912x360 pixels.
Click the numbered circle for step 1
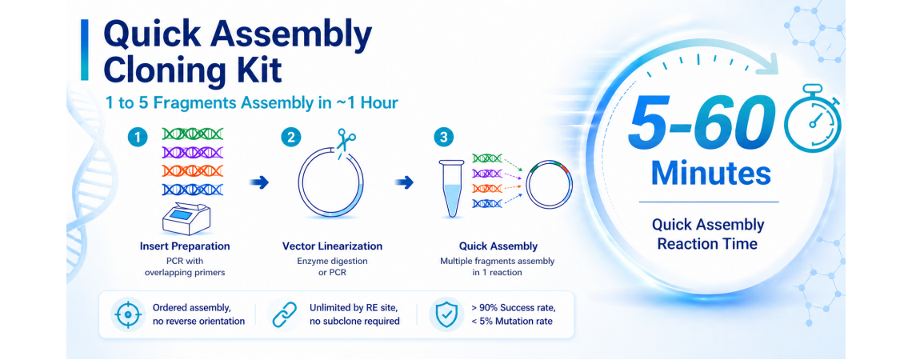click(x=138, y=137)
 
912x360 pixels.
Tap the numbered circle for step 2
click(x=290, y=137)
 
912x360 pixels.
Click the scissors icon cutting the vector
click(x=346, y=142)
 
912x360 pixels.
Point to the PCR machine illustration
click(x=186, y=218)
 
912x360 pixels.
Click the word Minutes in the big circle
click(x=710, y=174)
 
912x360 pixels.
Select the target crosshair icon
click(x=126, y=314)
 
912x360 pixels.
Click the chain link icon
click(x=283, y=314)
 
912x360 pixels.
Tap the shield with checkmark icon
click(x=445, y=314)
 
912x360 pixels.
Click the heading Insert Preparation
click(x=185, y=246)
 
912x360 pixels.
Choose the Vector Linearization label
click(x=332, y=246)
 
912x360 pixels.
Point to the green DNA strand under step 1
click(x=192, y=134)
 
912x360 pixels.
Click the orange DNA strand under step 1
click(x=192, y=170)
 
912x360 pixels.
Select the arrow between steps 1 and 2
click(x=258, y=183)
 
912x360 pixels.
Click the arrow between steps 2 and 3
click(x=405, y=183)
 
